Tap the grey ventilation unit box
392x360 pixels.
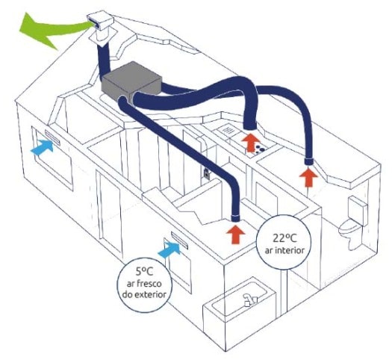click(x=131, y=81)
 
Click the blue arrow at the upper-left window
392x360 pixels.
click(x=43, y=147)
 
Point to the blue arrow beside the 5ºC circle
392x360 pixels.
click(x=169, y=249)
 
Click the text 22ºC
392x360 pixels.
click(x=284, y=238)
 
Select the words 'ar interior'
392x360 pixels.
click(x=284, y=250)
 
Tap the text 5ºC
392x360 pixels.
click(x=144, y=271)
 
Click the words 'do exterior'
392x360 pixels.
click(x=144, y=294)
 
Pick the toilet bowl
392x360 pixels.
click(x=350, y=228)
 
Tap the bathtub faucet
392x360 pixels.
click(x=249, y=300)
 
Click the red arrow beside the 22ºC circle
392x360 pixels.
click(x=235, y=235)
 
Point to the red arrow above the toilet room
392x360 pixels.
click(x=309, y=178)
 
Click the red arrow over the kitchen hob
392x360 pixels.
click(x=251, y=143)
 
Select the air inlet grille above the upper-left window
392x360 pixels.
click(x=52, y=137)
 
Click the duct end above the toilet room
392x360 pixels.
click(x=310, y=161)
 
